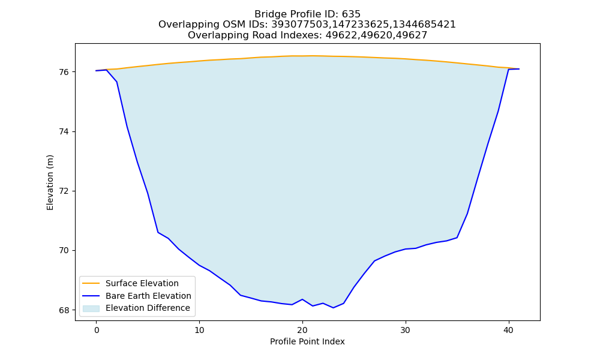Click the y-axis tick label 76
click(64, 72)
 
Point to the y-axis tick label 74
click(64, 131)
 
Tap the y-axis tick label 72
click(64, 191)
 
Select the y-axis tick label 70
click(64, 251)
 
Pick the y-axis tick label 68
click(64, 310)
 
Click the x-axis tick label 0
click(97, 330)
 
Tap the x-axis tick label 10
click(199, 330)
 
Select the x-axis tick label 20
click(302, 330)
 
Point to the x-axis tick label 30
click(406, 330)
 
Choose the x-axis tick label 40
click(509, 330)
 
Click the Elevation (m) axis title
click(50, 182)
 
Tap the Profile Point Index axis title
click(307, 341)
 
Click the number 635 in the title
click(351, 14)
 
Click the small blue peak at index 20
click(302, 299)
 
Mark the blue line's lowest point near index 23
click(333, 308)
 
